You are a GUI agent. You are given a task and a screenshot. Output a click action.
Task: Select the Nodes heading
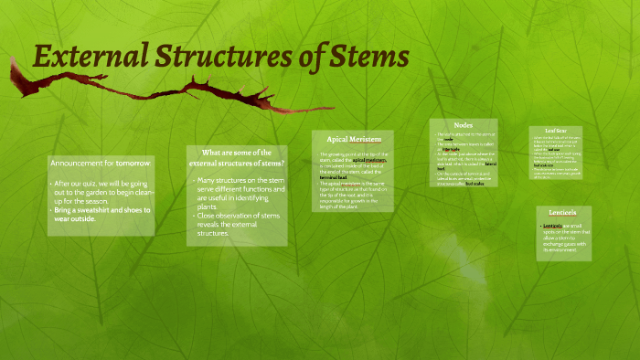(x=463, y=125)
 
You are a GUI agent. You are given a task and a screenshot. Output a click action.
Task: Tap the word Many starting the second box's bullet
(x=208, y=180)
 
